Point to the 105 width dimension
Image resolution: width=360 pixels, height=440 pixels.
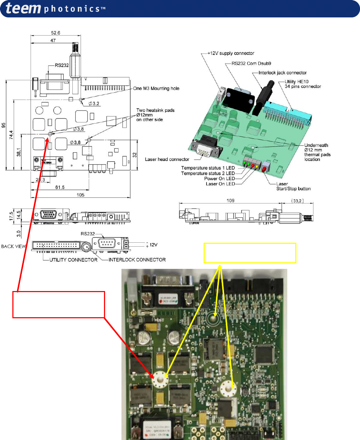pos(80,195)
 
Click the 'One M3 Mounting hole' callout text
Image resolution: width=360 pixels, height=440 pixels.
pos(156,88)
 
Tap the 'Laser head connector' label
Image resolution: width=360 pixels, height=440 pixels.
pos(167,159)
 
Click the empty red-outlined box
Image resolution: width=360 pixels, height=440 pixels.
pos(59,304)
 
